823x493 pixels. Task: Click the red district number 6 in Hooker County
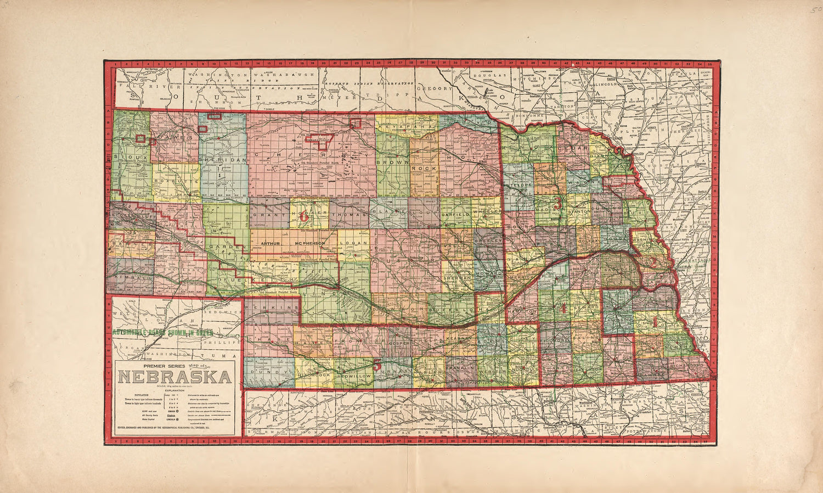(304, 216)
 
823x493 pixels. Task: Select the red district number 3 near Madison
(558, 203)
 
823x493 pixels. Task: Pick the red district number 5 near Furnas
(377, 364)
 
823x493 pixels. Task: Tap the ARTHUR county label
(274, 243)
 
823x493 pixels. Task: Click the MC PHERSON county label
(314, 243)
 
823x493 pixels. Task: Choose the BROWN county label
(393, 163)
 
